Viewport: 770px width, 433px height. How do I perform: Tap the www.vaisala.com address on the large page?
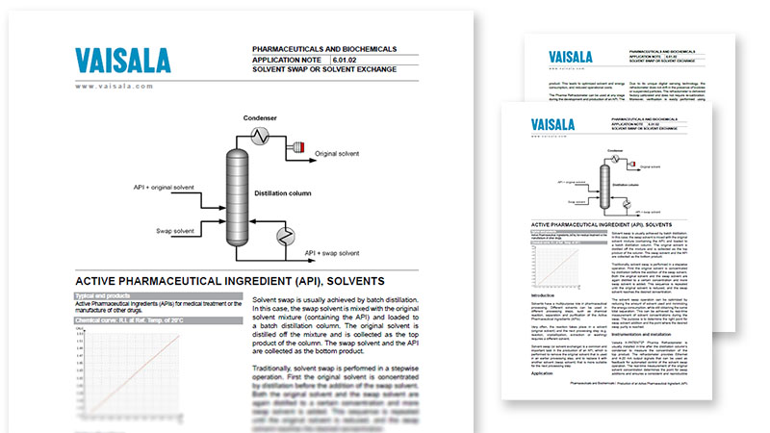pos(115,87)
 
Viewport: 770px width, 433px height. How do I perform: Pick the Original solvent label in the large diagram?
pos(344,154)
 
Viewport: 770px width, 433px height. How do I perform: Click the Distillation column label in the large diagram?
pos(282,193)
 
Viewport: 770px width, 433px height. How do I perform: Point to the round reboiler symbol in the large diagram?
pos(286,236)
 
